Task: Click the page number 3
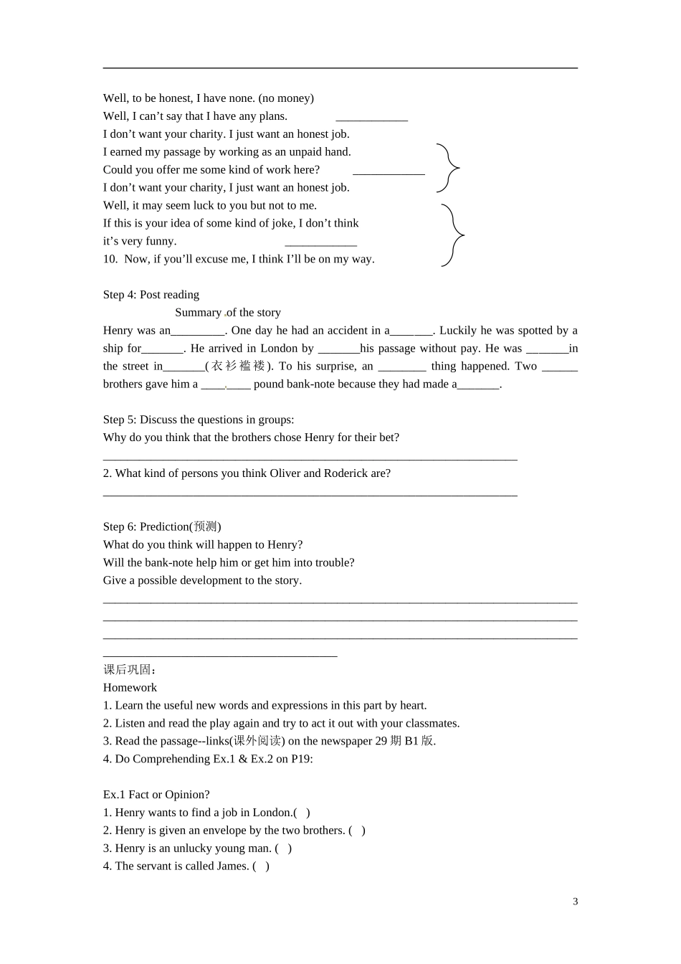tap(576, 902)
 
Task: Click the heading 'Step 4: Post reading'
tap(151, 295)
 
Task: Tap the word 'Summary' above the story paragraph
tap(199, 313)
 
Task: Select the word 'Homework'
tap(130, 687)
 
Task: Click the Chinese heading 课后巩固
tap(128, 669)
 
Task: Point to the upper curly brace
tap(448, 169)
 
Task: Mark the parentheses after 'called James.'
tap(261, 866)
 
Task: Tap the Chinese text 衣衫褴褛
tap(239, 366)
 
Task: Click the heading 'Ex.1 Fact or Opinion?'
tap(156, 795)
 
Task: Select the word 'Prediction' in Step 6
tap(164, 526)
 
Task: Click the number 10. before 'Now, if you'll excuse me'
tap(110, 259)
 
